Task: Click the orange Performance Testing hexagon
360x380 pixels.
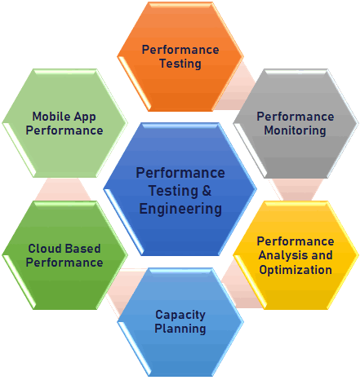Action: point(180,57)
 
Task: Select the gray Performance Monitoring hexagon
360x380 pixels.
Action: point(296,124)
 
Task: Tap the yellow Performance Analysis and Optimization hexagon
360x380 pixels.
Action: point(296,255)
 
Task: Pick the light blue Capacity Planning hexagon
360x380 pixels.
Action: point(180,322)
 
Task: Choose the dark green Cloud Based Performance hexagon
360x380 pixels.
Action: point(64,255)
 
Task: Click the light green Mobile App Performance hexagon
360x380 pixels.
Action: point(64,123)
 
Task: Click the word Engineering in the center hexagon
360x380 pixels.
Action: point(180,210)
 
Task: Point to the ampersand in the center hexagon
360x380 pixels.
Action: point(207,191)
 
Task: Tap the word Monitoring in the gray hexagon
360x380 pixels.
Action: point(295,130)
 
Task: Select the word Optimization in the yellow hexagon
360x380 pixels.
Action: point(296,270)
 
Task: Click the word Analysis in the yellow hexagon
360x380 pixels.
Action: point(282,255)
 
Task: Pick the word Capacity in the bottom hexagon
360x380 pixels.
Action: point(180,316)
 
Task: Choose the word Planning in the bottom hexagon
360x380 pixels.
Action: point(180,329)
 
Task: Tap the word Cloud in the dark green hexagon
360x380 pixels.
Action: point(44,249)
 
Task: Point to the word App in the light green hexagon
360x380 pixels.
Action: point(85,117)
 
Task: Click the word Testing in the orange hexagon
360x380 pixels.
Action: point(180,64)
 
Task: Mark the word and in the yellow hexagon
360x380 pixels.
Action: point(322,255)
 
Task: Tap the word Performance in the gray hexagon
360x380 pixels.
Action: point(296,117)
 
